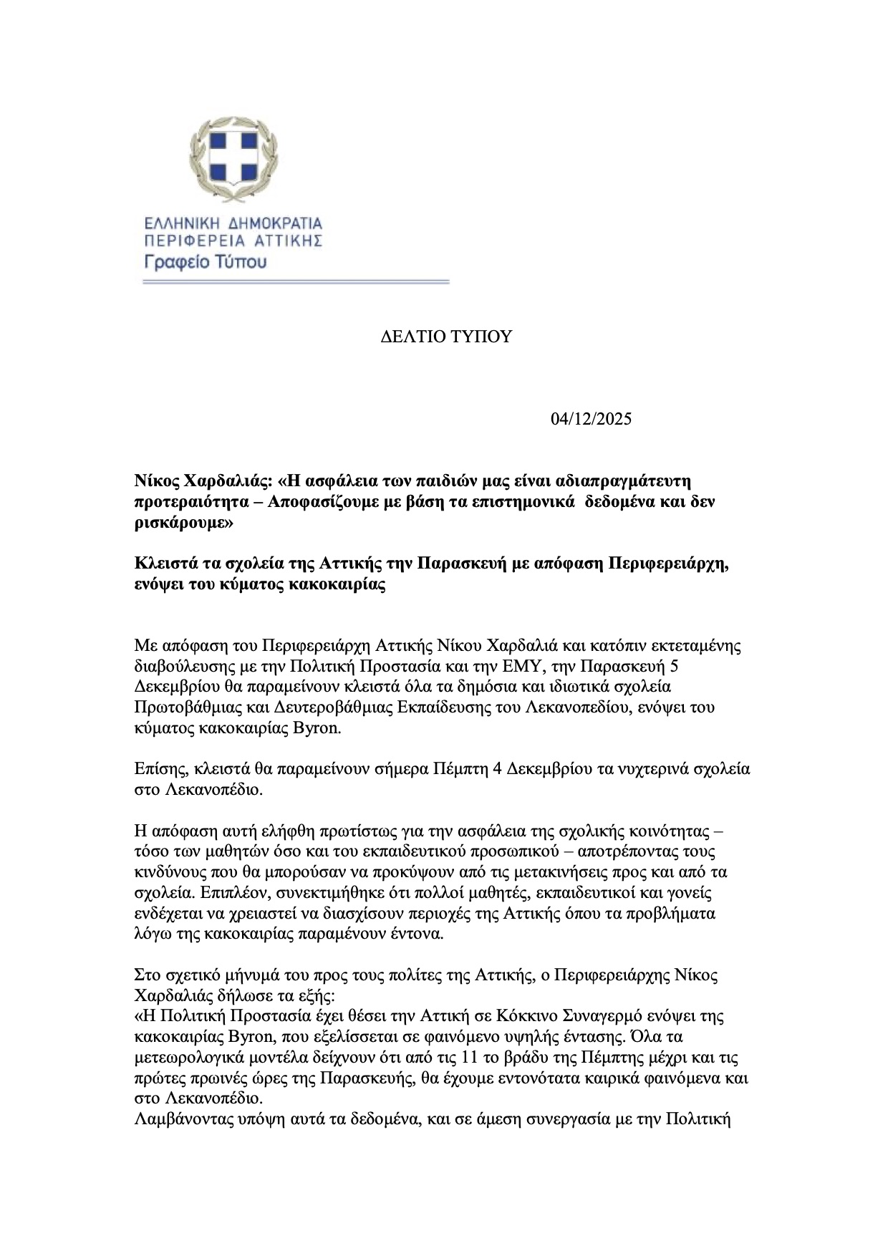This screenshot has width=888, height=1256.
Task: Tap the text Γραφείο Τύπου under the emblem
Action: tap(206, 261)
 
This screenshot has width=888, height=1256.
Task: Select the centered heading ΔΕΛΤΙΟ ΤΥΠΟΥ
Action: tap(446, 337)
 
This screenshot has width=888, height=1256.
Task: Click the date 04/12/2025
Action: tap(592, 419)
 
